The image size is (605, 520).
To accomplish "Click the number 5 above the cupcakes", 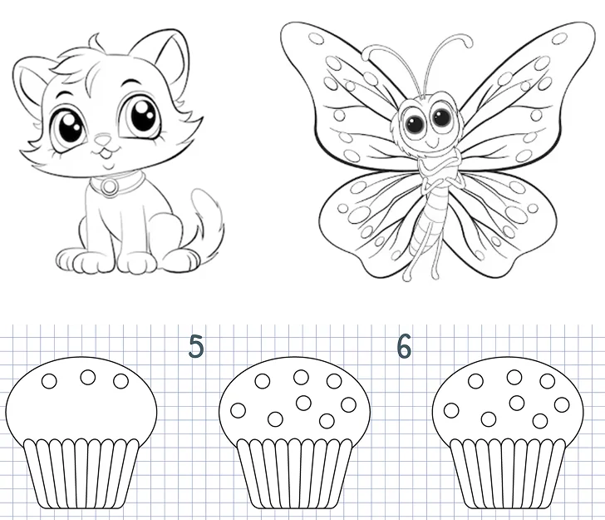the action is (196, 346).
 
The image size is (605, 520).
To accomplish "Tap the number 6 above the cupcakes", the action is (404, 346).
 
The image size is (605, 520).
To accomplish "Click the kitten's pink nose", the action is (103, 139).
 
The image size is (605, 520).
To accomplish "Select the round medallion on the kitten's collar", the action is (110, 186).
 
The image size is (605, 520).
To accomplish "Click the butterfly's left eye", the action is (416, 122).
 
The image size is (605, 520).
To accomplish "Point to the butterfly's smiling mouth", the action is (433, 144).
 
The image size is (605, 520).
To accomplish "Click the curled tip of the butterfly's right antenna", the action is (466, 41).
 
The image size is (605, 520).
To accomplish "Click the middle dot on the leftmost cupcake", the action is (88, 377).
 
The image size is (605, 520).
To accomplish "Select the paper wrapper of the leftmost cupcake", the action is (81, 473).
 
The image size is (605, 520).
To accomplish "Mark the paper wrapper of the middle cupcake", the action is (294, 473).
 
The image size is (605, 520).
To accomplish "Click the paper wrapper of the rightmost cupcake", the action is (508, 473).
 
